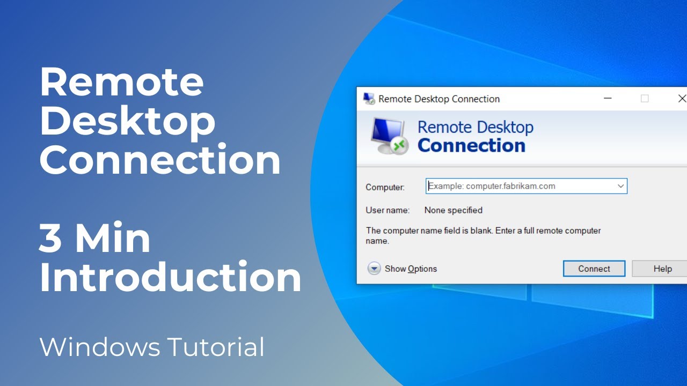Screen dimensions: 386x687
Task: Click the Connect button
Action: [x=594, y=269]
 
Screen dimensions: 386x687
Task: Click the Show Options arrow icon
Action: [x=374, y=269]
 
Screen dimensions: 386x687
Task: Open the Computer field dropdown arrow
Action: [x=620, y=186]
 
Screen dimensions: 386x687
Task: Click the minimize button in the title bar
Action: [x=608, y=99]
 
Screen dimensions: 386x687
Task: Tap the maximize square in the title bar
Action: [x=645, y=99]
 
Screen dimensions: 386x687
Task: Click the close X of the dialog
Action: [x=682, y=99]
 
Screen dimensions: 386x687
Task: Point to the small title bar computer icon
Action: [x=369, y=99]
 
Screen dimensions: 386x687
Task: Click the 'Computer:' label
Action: [x=385, y=187]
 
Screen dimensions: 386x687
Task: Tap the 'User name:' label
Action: [x=388, y=210]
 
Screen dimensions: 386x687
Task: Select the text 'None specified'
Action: [x=453, y=210]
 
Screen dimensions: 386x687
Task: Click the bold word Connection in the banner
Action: [x=471, y=145]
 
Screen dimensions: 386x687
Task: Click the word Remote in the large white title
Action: [x=122, y=81]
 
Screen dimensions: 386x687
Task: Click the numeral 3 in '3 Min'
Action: [x=50, y=239]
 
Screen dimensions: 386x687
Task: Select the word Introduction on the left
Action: [x=170, y=277]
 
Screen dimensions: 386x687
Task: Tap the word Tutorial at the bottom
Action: [x=216, y=347]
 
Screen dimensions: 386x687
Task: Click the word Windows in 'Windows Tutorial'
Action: [x=100, y=347]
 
